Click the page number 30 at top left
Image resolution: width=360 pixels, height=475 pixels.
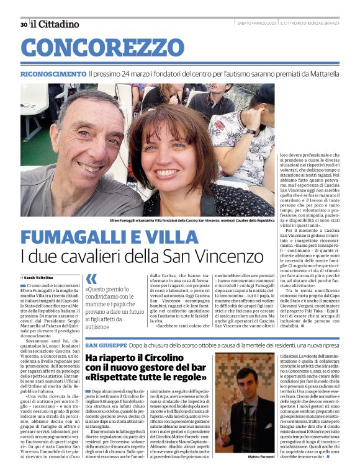24,24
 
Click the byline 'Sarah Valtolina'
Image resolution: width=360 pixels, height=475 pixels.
38,277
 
